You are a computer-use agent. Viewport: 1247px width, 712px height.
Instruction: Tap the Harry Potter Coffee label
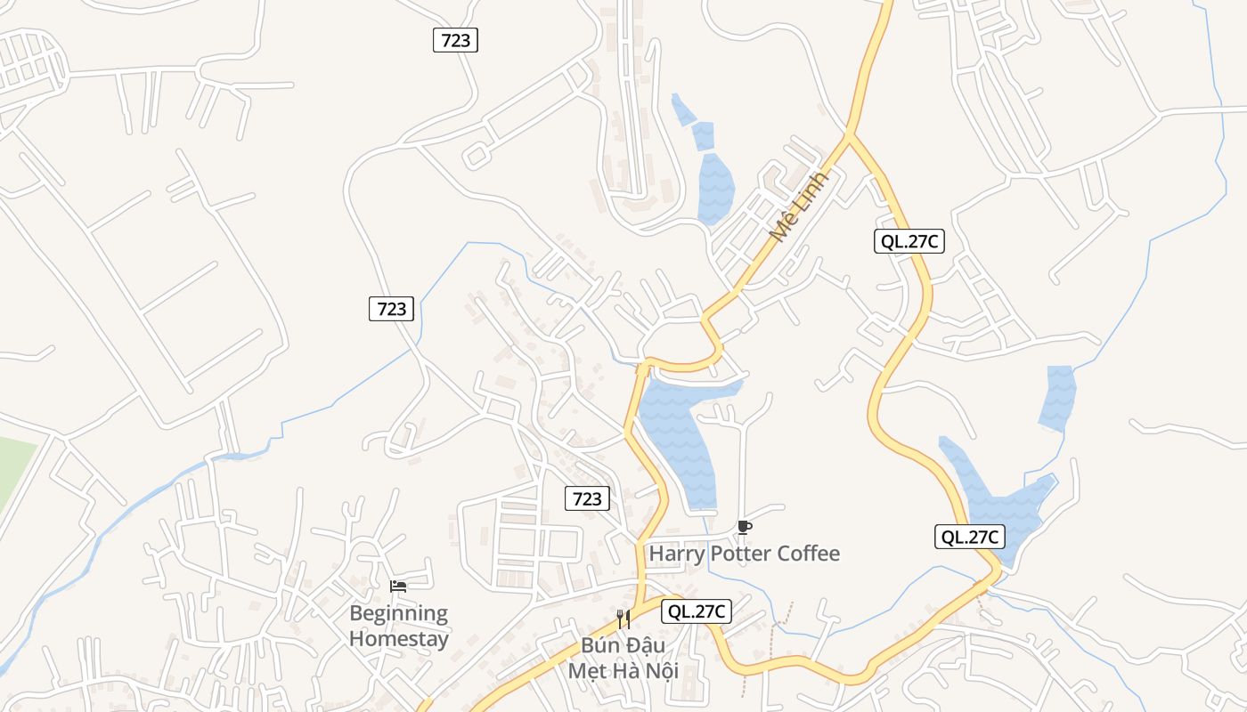coord(744,554)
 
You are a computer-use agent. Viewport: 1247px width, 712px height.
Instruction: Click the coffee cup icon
coord(745,528)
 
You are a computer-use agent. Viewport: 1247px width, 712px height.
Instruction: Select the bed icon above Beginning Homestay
coord(398,587)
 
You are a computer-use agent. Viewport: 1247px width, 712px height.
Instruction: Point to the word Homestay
coord(398,638)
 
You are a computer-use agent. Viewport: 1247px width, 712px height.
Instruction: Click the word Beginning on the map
coord(398,613)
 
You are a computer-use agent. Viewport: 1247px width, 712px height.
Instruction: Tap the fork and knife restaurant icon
coord(623,619)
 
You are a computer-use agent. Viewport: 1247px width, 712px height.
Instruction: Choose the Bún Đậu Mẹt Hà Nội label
coord(623,657)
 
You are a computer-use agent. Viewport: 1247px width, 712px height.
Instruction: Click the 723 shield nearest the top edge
coord(455,40)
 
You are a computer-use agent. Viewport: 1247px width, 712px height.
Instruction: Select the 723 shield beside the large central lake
coord(587,498)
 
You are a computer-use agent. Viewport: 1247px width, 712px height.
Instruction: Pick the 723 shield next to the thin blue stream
coord(392,309)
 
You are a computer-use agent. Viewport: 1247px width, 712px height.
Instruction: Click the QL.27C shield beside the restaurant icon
coord(697,611)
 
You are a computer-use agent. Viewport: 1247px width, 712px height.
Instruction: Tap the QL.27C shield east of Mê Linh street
coord(909,241)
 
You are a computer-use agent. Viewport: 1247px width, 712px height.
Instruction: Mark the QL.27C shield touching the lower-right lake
coord(970,537)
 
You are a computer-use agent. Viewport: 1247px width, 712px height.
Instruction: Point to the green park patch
coord(13,472)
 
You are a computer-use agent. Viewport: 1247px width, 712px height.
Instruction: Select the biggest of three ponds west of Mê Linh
coord(715,187)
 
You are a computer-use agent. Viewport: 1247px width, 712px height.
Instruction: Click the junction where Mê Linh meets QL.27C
coord(849,136)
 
